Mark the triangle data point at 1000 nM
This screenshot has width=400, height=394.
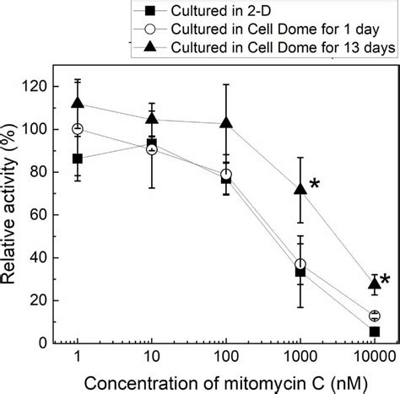300,189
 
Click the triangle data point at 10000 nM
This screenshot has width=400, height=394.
374,283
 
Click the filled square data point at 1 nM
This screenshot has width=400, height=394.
78,159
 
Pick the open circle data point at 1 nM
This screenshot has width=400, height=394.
78,129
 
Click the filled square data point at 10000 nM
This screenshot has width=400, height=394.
374,332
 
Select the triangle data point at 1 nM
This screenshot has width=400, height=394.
78,103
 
